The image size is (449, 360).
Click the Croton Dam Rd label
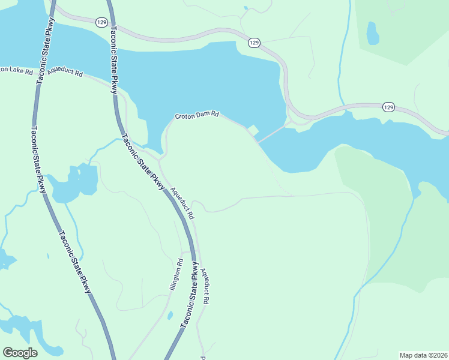click(x=197, y=115)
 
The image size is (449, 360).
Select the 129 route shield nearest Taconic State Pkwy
click(x=101, y=22)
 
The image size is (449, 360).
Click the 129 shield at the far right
click(x=388, y=107)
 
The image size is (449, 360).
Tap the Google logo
click(x=20, y=353)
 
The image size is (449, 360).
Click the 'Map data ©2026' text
click(x=423, y=355)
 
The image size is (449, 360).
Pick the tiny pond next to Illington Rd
click(x=170, y=315)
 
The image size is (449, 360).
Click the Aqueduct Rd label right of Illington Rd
click(x=206, y=287)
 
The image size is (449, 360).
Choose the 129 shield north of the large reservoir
click(x=254, y=43)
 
